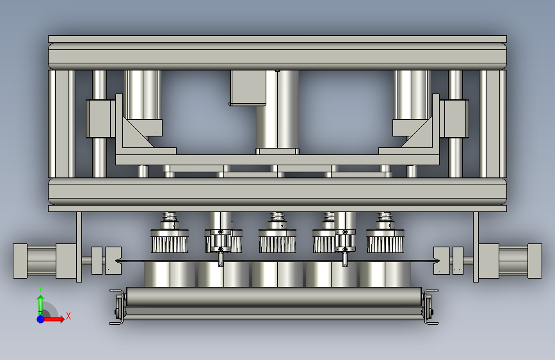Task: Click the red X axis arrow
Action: click(54, 319)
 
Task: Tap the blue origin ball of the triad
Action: click(41, 319)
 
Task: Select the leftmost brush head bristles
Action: click(170, 245)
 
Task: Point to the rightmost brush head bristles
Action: click(385, 245)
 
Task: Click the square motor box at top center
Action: click(248, 88)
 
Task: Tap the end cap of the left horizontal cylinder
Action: click(20, 261)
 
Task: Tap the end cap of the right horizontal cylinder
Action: click(535, 261)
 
